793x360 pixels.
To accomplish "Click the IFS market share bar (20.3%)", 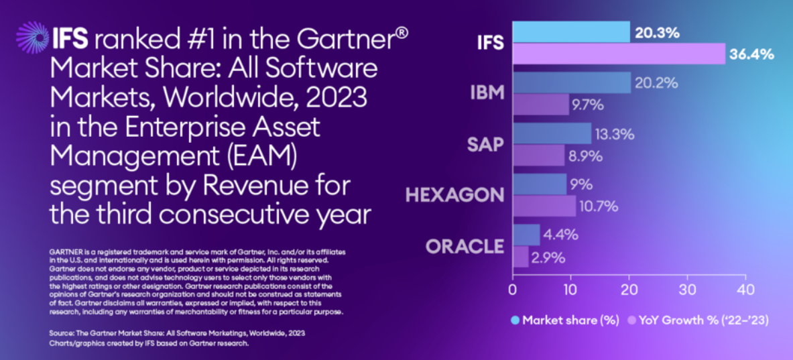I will pos(571,32).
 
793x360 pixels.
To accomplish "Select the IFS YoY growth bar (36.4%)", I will pos(619,54).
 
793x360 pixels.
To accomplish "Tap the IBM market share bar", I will pos(571,82).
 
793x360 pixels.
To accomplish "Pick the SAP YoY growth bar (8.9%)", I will pos(538,156).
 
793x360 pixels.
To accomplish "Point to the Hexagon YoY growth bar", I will pos(544,206).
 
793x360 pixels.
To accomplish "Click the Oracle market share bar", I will pos(526,235).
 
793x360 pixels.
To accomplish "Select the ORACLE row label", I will pos(465,246).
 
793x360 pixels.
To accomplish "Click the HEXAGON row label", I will pos(454,195).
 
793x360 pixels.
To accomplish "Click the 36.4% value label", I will pos(751,54).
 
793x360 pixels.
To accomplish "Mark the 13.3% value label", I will pos(615,134).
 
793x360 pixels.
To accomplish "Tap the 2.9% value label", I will pos(548,257).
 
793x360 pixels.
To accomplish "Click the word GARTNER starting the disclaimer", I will pos(65,251).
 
